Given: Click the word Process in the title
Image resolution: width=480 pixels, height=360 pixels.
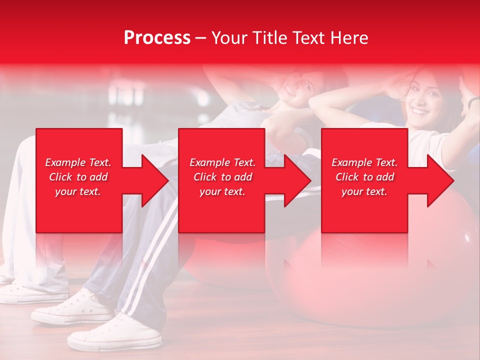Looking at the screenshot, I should (157, 38).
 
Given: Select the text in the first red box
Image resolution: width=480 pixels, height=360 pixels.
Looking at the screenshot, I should (78, 177).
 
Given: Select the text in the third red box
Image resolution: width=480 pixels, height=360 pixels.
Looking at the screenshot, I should (364, 177).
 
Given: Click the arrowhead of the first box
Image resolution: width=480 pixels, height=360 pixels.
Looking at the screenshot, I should (153, 180).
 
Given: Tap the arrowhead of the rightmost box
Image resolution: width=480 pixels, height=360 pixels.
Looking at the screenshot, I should (438, 180).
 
